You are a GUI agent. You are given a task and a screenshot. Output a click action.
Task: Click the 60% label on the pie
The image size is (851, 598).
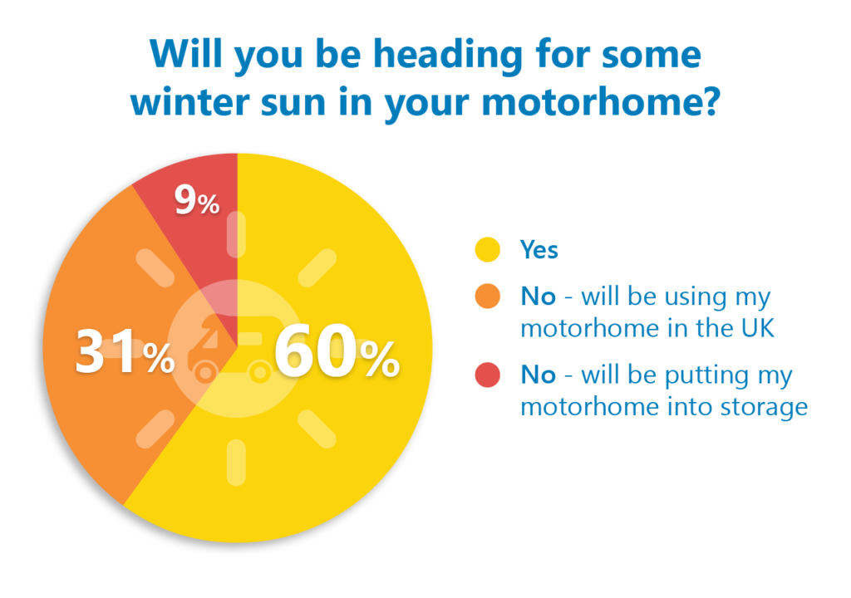click(337, 350)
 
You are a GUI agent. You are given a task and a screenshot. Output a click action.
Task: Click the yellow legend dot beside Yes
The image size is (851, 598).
click(487, 250)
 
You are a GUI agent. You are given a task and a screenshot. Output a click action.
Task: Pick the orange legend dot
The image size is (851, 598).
click(487, 297)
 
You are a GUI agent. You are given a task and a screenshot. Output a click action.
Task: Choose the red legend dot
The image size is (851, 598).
click(487, 375)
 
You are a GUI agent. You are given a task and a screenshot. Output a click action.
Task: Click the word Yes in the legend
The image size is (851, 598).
click(539, 250)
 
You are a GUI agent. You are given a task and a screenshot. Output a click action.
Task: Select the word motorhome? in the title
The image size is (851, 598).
click(602, 101)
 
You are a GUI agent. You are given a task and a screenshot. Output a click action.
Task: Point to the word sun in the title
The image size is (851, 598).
click(293, 103)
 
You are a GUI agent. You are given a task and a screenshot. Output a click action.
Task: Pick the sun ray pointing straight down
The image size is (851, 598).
click(236, 463)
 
